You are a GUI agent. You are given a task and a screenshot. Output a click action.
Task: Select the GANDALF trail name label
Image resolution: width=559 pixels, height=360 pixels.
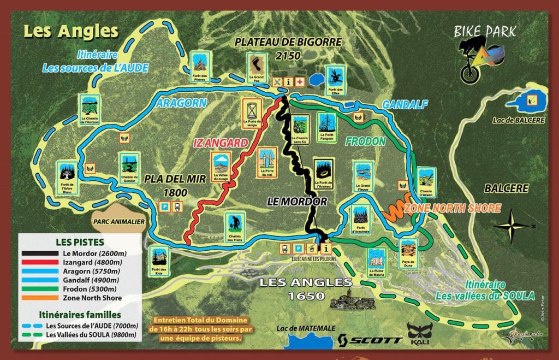[x=404, y=104]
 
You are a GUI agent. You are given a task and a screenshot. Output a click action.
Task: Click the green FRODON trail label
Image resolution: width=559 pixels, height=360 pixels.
[x=365, y=141]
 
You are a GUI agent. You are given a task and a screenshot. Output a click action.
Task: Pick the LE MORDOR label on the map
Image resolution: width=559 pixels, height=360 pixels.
[x=297, y=201]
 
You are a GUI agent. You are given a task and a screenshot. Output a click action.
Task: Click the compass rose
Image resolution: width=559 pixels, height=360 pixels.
[x=512, y=226]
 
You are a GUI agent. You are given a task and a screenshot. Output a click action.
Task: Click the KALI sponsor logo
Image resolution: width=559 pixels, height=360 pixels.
[x=420, y=333]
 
